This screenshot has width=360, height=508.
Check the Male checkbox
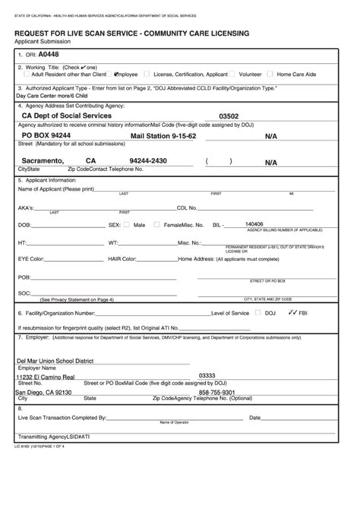(x=129, y=226)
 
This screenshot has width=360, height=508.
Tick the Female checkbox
(x=156, y=226)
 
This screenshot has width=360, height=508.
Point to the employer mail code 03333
(x=207, y=375)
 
